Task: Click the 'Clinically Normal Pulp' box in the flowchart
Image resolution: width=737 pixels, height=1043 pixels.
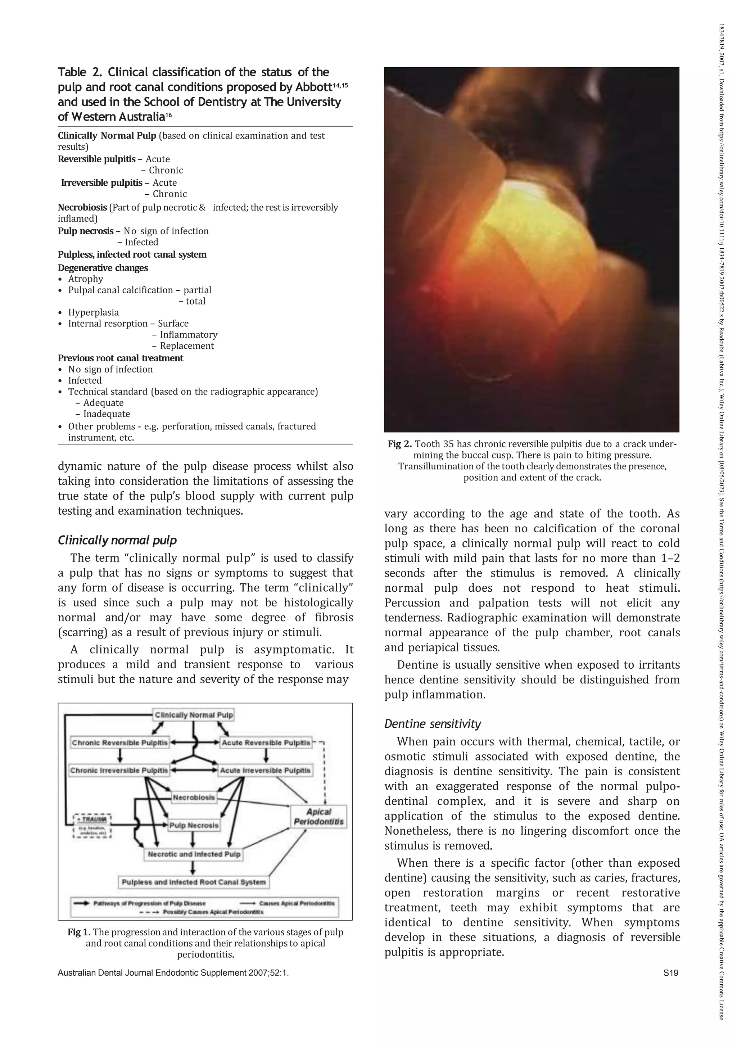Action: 194,715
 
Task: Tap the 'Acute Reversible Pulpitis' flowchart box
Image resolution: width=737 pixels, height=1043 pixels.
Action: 266,743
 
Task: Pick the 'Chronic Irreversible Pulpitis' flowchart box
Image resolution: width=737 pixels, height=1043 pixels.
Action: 119,771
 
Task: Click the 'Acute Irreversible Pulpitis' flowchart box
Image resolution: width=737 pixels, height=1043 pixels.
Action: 266,771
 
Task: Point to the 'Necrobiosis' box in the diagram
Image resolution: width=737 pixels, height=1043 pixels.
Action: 194,797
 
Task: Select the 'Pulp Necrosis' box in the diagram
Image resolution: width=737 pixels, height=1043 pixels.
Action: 194,825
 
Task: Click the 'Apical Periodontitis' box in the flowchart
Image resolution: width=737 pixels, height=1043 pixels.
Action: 319,816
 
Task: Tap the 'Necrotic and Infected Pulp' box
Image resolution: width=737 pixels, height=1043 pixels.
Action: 194,854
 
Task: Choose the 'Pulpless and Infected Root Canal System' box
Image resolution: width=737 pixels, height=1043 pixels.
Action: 194,882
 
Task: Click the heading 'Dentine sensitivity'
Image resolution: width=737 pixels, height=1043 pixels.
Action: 432,724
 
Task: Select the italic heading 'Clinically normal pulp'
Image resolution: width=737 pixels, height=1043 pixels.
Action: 117,540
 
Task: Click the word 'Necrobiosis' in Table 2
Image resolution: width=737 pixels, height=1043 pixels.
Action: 82,208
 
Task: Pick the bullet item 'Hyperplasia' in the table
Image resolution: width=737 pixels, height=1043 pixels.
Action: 93,312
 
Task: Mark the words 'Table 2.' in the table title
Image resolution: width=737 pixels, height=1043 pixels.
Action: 80,72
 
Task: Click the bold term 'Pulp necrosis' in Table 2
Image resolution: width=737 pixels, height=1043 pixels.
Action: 85,231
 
